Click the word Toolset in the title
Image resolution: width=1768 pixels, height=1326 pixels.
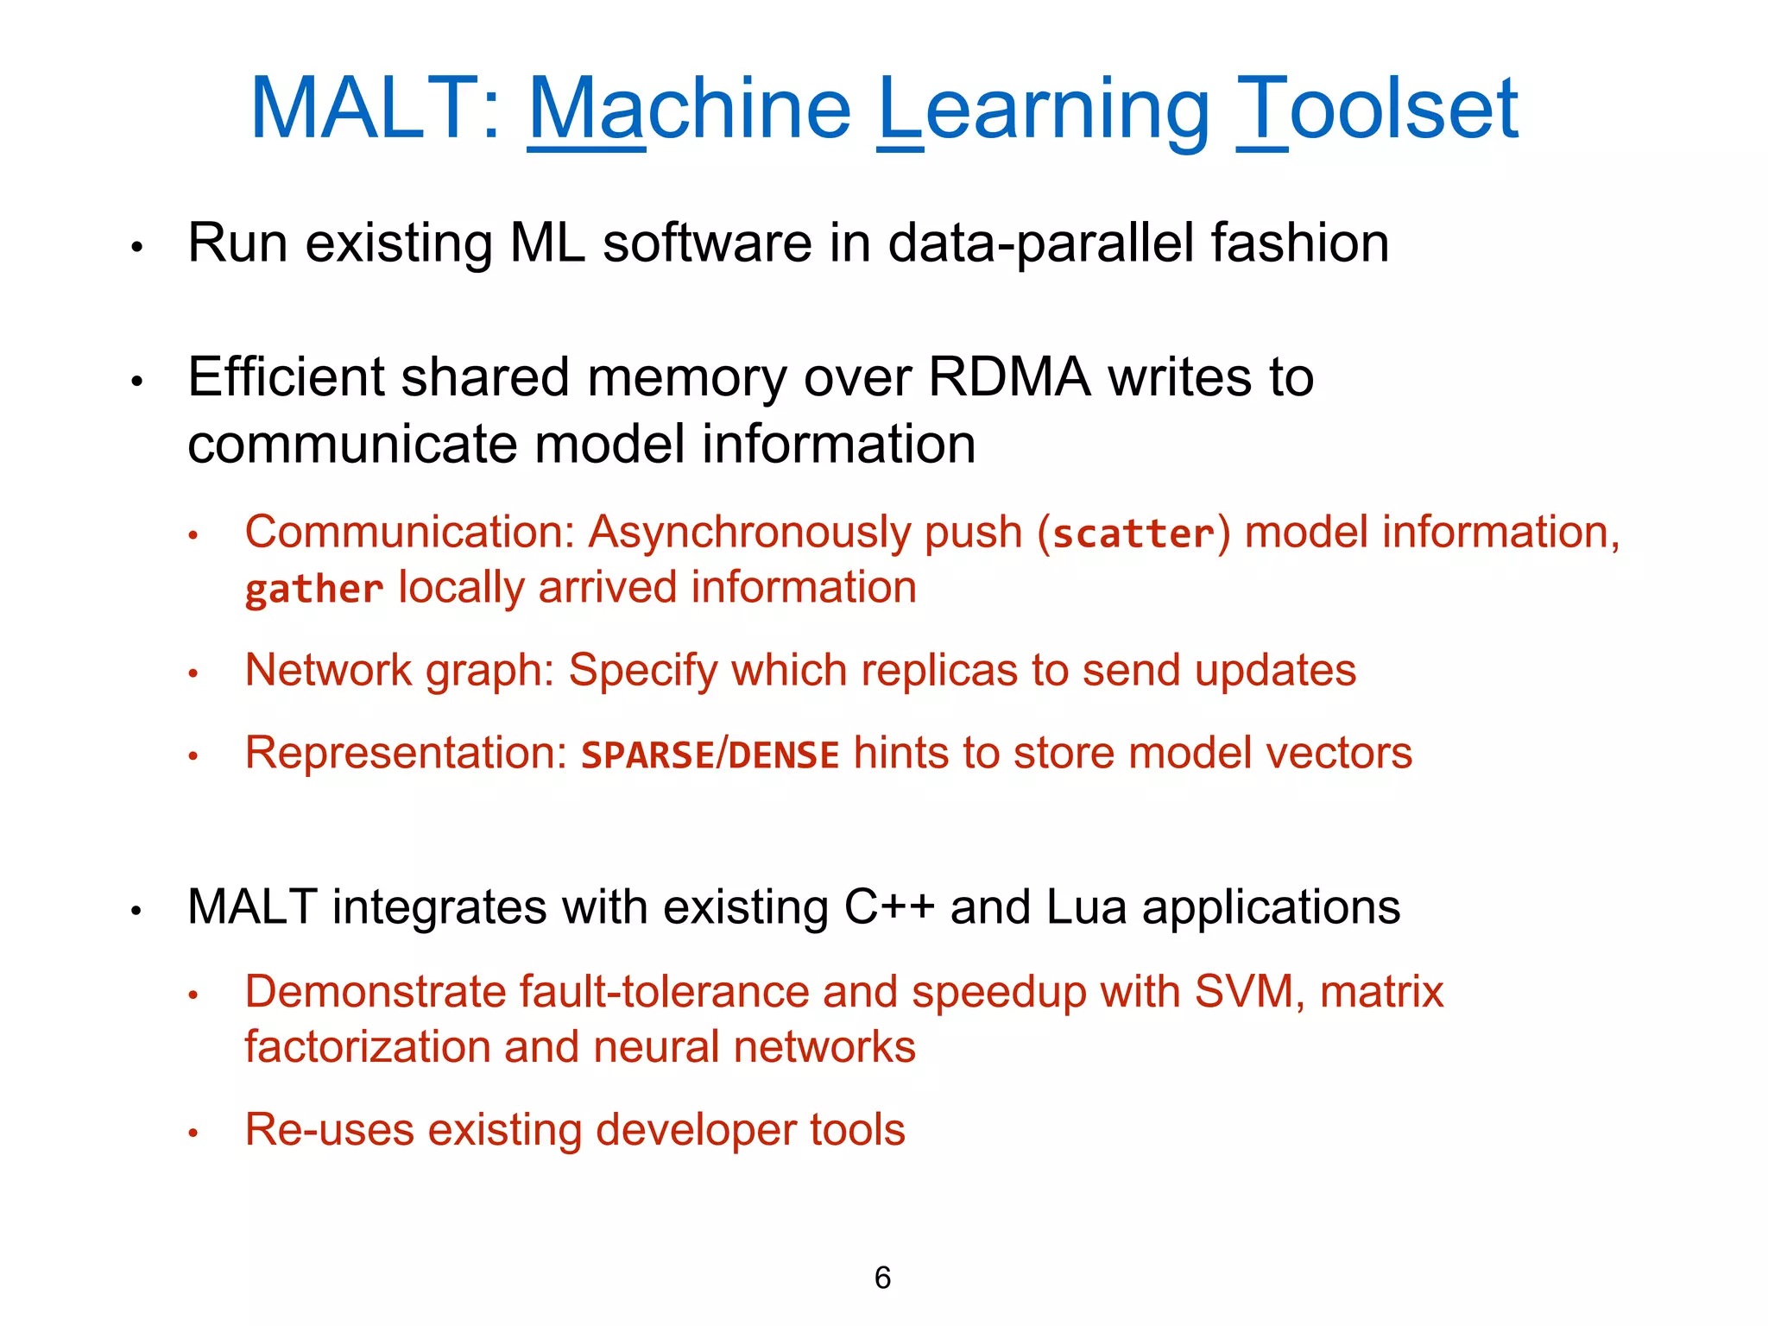point(1377,110)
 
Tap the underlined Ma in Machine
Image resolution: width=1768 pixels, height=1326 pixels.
point(586,110)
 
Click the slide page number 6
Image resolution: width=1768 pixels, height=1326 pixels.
point(882,1278)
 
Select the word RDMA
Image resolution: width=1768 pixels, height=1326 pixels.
point(1009,377)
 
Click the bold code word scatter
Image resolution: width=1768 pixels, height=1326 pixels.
point(1133,534)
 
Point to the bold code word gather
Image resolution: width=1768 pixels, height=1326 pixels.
point(314,590)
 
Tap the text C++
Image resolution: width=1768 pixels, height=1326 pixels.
point(889,907)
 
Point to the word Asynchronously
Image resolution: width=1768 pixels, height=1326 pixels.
point(748,533)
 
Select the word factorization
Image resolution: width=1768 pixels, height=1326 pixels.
point(367,1046)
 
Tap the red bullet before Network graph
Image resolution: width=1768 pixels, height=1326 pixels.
point(193,673)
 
